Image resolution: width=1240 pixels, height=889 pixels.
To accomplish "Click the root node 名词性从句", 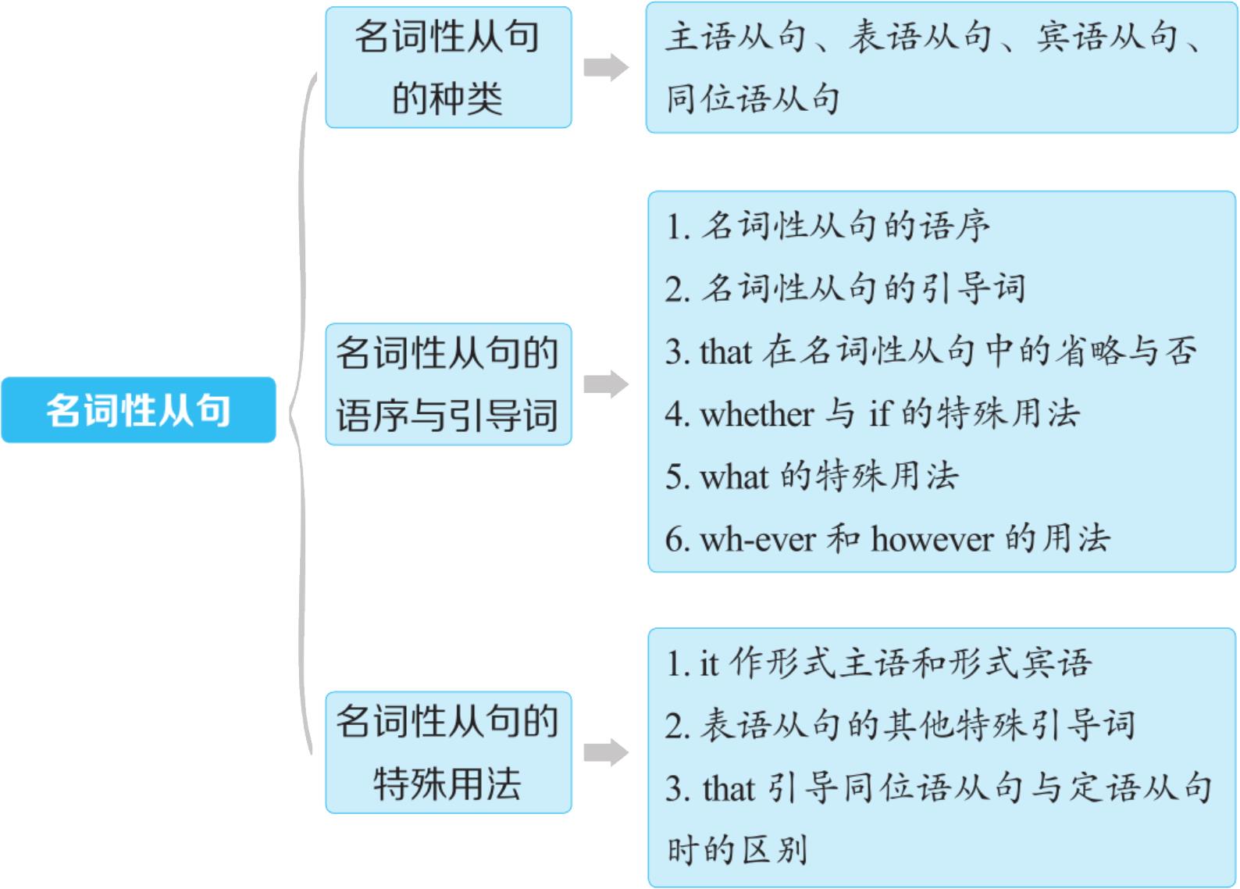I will pyautogui.click(x=138, y=410).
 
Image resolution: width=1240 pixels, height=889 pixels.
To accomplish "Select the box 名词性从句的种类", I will pyautogui.click(x=448, y=67).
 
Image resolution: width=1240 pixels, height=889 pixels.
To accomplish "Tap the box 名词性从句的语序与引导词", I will pyautogui.click(x=448, y=384).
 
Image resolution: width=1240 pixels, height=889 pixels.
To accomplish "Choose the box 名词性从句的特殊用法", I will pyautogui.click(x=448, y=752).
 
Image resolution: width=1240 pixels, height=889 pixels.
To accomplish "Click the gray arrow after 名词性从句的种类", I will pyautogui.click(x=606, y=67).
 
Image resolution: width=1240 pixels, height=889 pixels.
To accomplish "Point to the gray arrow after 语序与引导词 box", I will pyautogui.click(x=606, y=384).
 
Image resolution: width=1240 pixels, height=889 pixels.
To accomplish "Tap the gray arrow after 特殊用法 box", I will pyautogui.click(x=606, y=752).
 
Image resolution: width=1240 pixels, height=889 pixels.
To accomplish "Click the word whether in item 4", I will pyautogui.click(x=757, y=414).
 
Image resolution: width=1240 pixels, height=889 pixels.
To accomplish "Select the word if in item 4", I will pyautogui.click(x=879, y=414).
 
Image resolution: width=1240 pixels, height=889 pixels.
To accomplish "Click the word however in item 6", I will pyautogui.click(x=932, y=539).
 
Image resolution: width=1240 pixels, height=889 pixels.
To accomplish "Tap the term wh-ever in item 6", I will pyautogui.click(x=757, y=539).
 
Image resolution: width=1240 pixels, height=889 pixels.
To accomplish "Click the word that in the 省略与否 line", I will pyautogui.click(x=725, y=352).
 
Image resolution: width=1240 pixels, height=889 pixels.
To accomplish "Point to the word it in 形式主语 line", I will pyautogui.click(x=708, y=664).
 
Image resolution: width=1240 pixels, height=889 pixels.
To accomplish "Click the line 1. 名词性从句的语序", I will pyautogui.click(x=828, y=227).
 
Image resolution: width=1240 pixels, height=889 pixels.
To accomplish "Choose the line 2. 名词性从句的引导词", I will pyautogui.click(x=845, y=289).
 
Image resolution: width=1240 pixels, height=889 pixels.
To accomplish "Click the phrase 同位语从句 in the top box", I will pyautogui.click(x=753, y=99).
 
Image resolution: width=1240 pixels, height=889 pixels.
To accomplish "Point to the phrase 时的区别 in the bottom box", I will pyautogui.click(x=736, y=850).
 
